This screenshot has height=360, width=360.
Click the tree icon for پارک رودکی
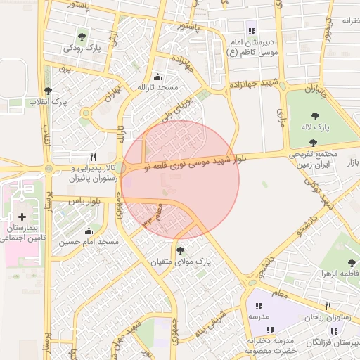pyautogui.click(x=82, y=36)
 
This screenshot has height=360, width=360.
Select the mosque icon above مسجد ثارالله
pyautogui.click(x=157, y=77)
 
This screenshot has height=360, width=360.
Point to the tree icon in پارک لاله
pyautogui.click(x=314, y=115)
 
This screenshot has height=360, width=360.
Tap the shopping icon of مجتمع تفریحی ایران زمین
pyautogui.click(x=313, y=143)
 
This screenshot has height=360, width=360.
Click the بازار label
pyautogui.click(x=350, y=163)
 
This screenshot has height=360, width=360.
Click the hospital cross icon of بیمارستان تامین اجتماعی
pyautogui.click(x=22, y=217)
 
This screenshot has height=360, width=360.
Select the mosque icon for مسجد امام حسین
pyautogui.click(x=89, y=231)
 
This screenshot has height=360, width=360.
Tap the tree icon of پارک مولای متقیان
pyautogui.click(x=181, y=250)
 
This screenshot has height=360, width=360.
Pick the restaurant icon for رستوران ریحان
pyautogui.click(x=328, y=306)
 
